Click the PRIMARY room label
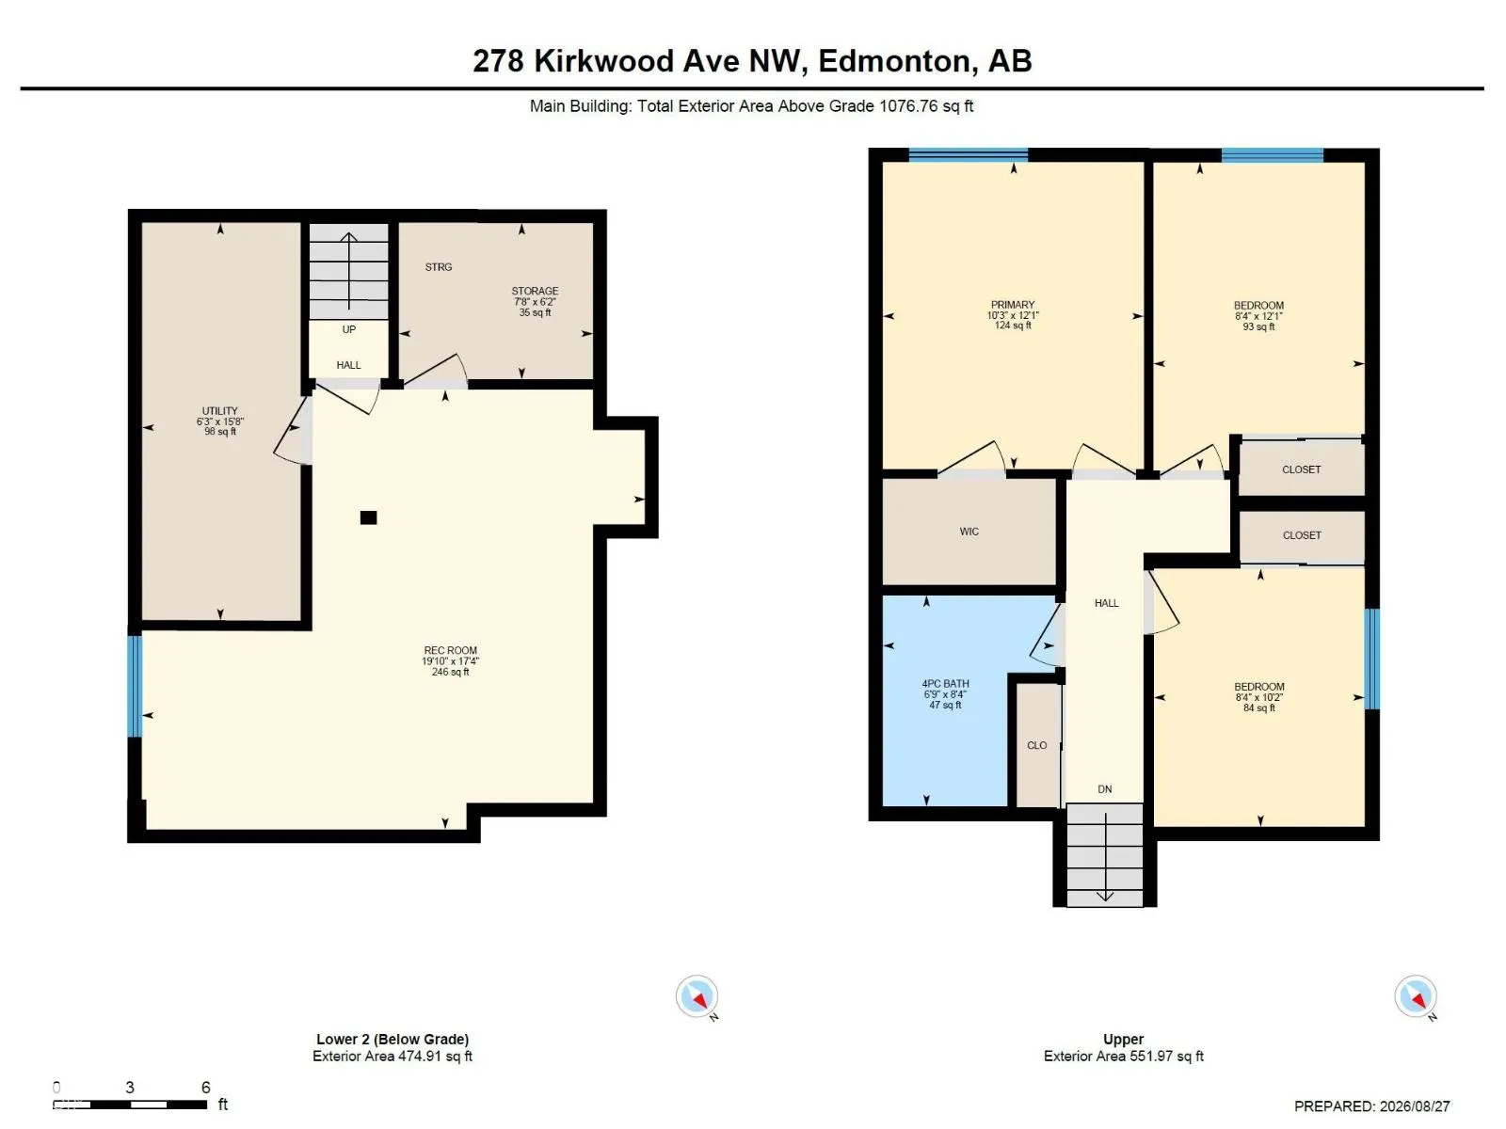[x=1012, y=305]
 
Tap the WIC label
[x=969, y=532]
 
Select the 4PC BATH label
[x=945, y=683]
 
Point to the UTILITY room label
[x=219, y=410]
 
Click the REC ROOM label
[x=450, y=650]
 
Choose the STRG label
[x=439, y=266]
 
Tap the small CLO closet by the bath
[x=1036, y=745]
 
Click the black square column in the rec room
[x=368, y=517]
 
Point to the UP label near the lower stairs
[x=348, y=329]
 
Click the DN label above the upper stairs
[x=1105, y=789]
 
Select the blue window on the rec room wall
[x=136, y=686]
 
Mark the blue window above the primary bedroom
[x=969, y=155]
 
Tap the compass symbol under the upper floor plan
[x=1415, y=996]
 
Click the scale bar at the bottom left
[x=130, y=1105]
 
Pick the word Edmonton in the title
[x=897, y=61]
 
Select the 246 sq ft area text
[x=450, y=672]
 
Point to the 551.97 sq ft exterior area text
[x=1163, y=1057]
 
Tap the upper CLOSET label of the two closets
[x=1301, y=469]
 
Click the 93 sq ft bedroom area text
[x=1258, y=327]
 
